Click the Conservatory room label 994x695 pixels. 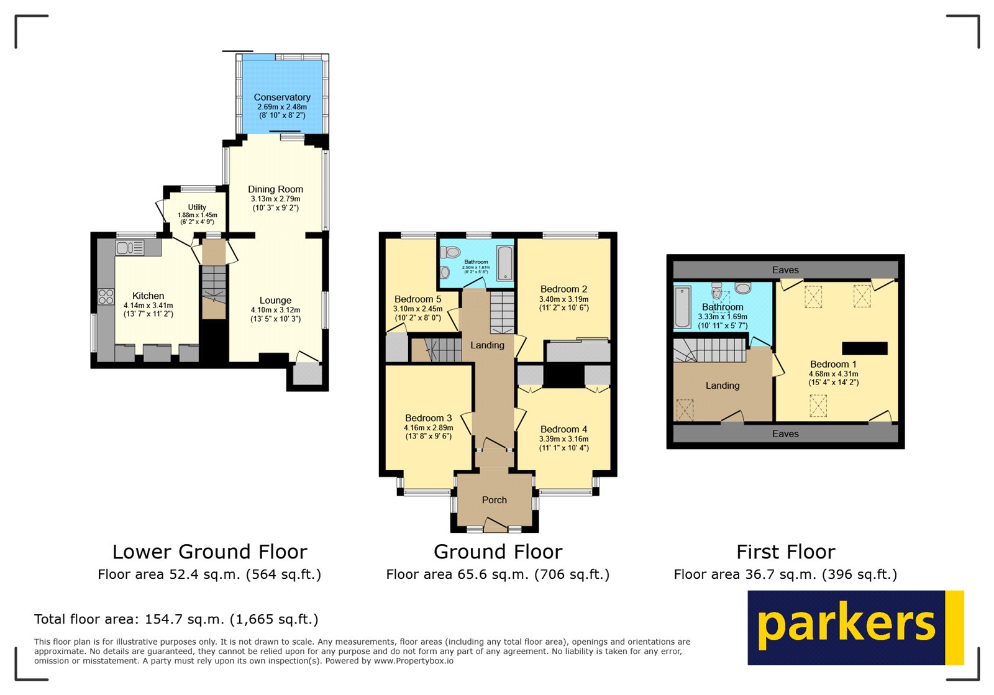coord(282,98)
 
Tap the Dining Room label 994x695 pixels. coord(275,189)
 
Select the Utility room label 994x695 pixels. coord(197,207)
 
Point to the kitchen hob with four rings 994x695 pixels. coord(106,296)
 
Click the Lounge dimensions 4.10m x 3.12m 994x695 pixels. coord(275,310)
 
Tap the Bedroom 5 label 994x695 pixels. coord(417,299)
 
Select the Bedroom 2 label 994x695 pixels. coord(563,289)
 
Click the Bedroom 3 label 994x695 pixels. coord(428,418)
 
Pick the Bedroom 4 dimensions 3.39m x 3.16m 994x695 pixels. coord(563,438)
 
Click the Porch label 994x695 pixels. coord(494,500)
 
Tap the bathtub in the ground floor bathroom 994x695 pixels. coord(505,263)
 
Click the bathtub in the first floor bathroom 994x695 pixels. coord(682,306)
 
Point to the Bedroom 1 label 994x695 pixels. coord(833,365)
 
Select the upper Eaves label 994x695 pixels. coord(785,270)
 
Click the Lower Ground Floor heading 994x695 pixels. coord(209,552)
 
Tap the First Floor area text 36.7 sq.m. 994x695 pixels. coord(785,575)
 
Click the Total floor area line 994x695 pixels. coord(176,619)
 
